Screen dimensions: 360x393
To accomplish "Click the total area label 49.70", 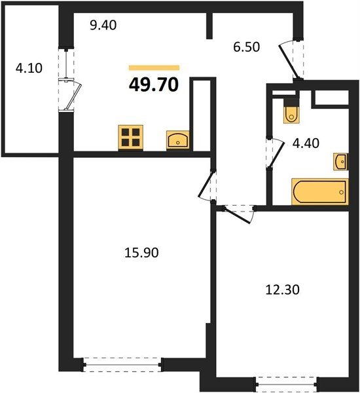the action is coord(154,84).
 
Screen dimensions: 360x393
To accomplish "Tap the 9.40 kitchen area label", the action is coord(103,26).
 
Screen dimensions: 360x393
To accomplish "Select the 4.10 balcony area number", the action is coord(29,68).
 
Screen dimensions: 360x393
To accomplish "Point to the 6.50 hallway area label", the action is coord(247,47).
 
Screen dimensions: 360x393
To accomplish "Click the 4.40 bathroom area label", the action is coord(306,143).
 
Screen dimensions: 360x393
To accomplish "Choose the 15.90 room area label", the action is coord(141,253).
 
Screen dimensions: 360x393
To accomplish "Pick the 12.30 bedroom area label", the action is coord(282,290).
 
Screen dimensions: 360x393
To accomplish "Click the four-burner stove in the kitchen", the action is coord(131,138).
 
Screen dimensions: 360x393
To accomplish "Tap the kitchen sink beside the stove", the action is coord(178,140).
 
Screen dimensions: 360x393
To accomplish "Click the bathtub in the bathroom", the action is coord(320,191).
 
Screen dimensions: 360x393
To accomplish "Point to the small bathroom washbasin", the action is coord(340,162).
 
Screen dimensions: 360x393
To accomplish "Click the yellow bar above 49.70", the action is coord(154,67).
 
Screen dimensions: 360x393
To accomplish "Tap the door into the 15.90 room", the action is coord(207,185).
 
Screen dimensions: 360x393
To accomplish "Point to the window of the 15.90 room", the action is coord(122,365).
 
